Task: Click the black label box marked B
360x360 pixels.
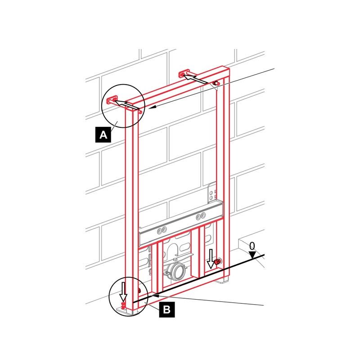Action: pyautogui.click(x=167, y=310)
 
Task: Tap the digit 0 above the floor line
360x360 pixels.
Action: pyautogui.click(x=252, y=246)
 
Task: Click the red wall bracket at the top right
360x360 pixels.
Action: pyautogui.click(x=184, y=74)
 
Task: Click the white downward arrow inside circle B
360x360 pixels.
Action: pyautogui.click(x=123, y=292)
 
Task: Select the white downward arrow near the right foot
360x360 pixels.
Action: pyautogui.click(x=211, y=259)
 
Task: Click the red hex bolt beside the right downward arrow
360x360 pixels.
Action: pyautogui.click(x=217, y=261)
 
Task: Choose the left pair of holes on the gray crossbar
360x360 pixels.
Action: pyautogui.click(x=162, y=230)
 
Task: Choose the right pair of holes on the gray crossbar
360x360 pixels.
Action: pyautogui.click(x=201, y=216)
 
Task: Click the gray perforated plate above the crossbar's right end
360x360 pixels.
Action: pyautogui.click(x=212, y=193)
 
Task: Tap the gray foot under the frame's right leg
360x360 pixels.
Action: pyautogui.click(x=222, y=280)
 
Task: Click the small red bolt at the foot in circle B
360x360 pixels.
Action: pyautogui.click(x=123, y=306)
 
